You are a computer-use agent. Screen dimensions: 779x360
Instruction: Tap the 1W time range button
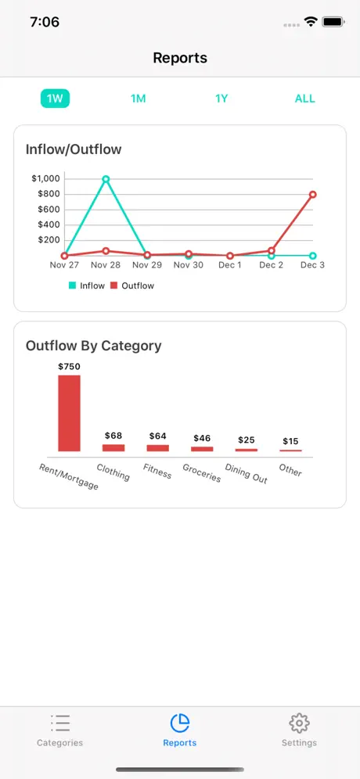(55, 99)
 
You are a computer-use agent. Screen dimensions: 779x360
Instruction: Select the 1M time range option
(139, 99)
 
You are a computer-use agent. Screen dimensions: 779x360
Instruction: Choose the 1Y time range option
(221, 99)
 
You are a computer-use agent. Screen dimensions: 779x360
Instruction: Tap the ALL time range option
(304, 99)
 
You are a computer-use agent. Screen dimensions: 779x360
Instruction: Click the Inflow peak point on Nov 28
(106, 179)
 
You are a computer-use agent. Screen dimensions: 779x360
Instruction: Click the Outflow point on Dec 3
(312, 195)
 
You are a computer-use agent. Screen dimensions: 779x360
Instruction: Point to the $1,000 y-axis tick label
(45, 178)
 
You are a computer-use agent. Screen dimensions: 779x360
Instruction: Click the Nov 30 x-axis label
(188, 265)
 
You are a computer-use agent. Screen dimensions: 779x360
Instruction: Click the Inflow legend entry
(87, 285)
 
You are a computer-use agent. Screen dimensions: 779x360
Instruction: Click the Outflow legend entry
(132, 285)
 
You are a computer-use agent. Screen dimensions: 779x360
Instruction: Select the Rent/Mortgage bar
(69, 413)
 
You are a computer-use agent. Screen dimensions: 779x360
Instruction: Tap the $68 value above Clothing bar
(113, 435)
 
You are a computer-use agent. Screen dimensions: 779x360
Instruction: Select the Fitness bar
(157, 447)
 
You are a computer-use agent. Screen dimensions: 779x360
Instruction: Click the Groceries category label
(201, 472)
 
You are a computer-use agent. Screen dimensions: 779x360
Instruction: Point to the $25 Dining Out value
(247, 440)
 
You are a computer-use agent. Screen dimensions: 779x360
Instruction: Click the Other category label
(290, 471)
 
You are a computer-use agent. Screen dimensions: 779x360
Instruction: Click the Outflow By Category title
(93, 345)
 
